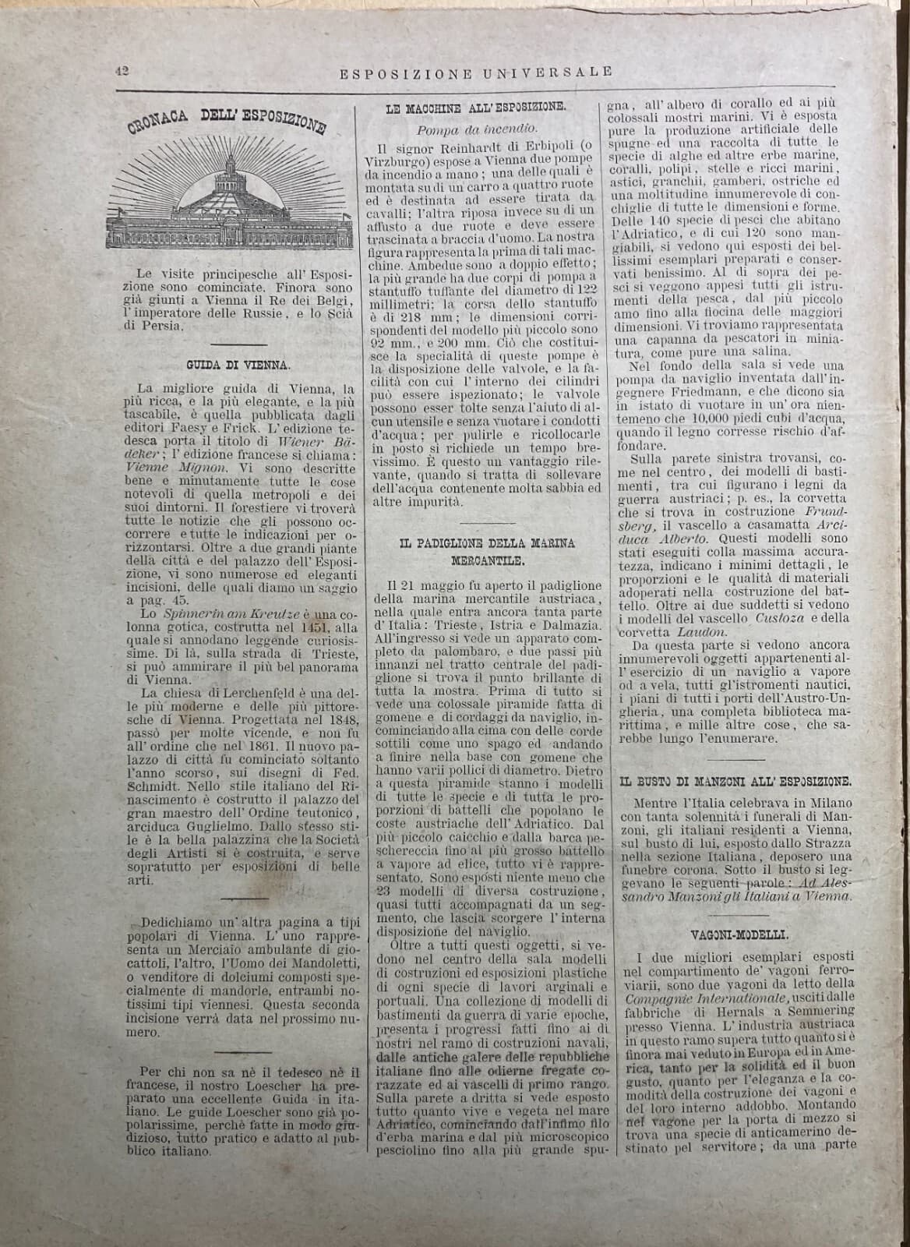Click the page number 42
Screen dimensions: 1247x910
point(122,69)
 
